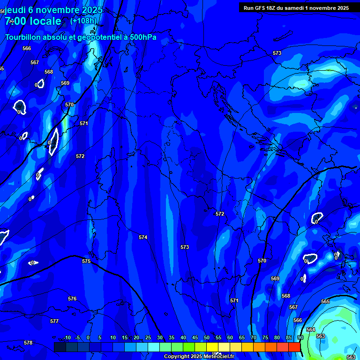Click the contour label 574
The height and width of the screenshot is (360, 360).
click(143, 238)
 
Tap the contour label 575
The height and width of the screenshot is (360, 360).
click(86, 261)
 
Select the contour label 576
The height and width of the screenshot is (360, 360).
click(72, 299)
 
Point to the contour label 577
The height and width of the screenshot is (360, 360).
click(54, 321)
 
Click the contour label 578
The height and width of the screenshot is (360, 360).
click(28, 343)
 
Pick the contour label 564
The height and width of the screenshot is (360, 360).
click(311, 330)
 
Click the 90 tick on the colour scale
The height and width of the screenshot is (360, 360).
click(300, 338)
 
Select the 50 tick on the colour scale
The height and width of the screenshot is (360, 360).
click(207, 338)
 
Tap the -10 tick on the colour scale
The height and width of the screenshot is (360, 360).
click(67, 338)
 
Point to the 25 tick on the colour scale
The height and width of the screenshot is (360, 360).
click(148, 338)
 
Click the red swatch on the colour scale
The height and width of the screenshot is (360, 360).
click(294, 347)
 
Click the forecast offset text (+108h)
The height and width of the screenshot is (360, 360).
click(83, 21)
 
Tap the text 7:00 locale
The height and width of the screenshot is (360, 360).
click(33, 21)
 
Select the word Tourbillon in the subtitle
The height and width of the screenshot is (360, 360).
click(23, 37)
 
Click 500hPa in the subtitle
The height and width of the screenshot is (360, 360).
click(140, 37)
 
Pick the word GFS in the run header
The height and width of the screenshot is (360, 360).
click(261, 8)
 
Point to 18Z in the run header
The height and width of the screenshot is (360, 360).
click(273, 8)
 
